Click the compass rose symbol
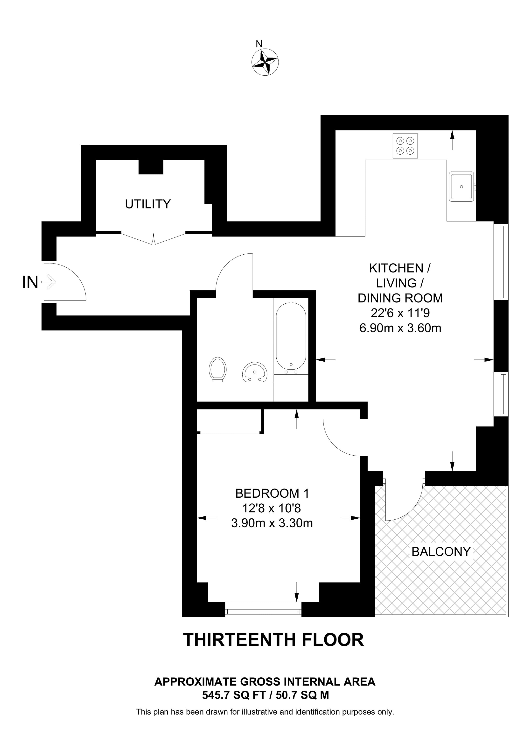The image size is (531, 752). pos(265,62)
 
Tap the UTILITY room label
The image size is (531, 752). pos(148,204)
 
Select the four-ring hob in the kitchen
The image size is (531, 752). pos(405,146)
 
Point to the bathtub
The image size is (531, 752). pos(291,336)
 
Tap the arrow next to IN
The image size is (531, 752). pos(49,282)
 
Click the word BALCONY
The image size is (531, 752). pos(441,552)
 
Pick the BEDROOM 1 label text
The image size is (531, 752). pos(272,493)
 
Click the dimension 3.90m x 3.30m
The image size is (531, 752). pos(272,523)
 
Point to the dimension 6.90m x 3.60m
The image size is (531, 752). pos(400,328)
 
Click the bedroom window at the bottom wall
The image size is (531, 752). pos(263,611)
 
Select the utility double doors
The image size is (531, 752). pos(154,238)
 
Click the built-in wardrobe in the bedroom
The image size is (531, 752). pos(230,422)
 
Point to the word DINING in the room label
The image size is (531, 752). pos(379,298)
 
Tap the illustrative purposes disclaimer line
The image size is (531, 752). pos(265,712)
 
